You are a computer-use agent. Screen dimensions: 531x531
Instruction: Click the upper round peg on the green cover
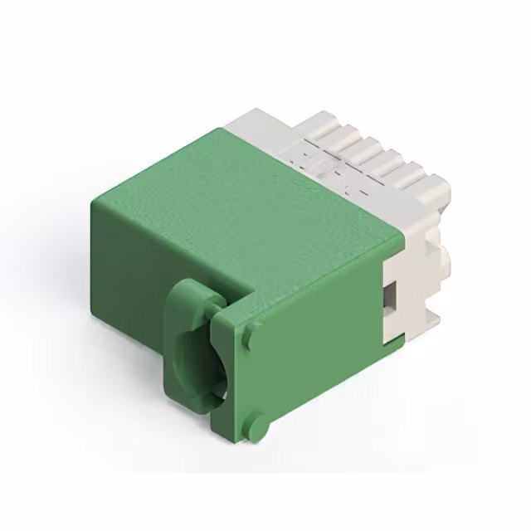(x=250, y=337)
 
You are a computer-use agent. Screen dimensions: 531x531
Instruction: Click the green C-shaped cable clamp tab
(x=187, y=348)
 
